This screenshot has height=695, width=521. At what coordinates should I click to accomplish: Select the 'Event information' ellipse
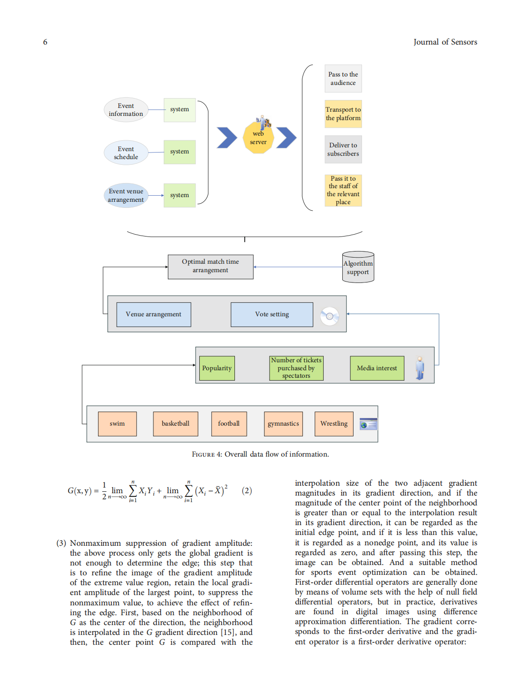[x=126, y=110]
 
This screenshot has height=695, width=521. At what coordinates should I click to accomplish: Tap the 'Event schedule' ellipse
[x=126, y=153]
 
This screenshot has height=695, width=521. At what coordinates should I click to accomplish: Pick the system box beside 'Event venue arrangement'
[x=180, y=195]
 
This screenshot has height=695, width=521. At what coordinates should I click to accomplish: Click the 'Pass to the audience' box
[x=343, y=78]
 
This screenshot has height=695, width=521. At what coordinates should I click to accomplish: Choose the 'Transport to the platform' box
[x=343, y=114]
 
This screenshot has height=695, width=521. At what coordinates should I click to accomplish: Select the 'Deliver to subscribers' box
[x=343, y=149]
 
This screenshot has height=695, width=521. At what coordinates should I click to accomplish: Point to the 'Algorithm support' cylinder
[x=358, y=267]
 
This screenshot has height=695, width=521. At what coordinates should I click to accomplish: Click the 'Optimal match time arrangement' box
[x=211, y=267]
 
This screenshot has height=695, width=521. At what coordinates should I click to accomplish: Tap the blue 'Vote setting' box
[x=272, y=314]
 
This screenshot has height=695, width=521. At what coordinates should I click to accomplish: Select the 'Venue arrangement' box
[x=153, y=314]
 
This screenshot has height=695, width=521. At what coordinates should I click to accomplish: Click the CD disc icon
[x=330, y=316]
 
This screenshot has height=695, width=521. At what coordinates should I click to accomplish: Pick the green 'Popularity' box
[x=217, y=368]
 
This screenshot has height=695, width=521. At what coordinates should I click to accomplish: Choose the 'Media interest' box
[x=377, y=368]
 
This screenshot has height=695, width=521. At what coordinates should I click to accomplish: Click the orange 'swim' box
[x=117, y=424]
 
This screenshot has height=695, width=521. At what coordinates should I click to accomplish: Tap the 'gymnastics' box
[x=283, y=424]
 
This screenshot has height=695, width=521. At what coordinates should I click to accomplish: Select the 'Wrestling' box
[x=334, y=424]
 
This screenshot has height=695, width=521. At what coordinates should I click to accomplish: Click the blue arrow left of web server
[x=227, y=138]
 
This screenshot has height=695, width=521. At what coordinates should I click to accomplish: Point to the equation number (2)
[x=247, y=491]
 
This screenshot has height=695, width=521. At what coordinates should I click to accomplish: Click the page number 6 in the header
[x=45, y=42]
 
